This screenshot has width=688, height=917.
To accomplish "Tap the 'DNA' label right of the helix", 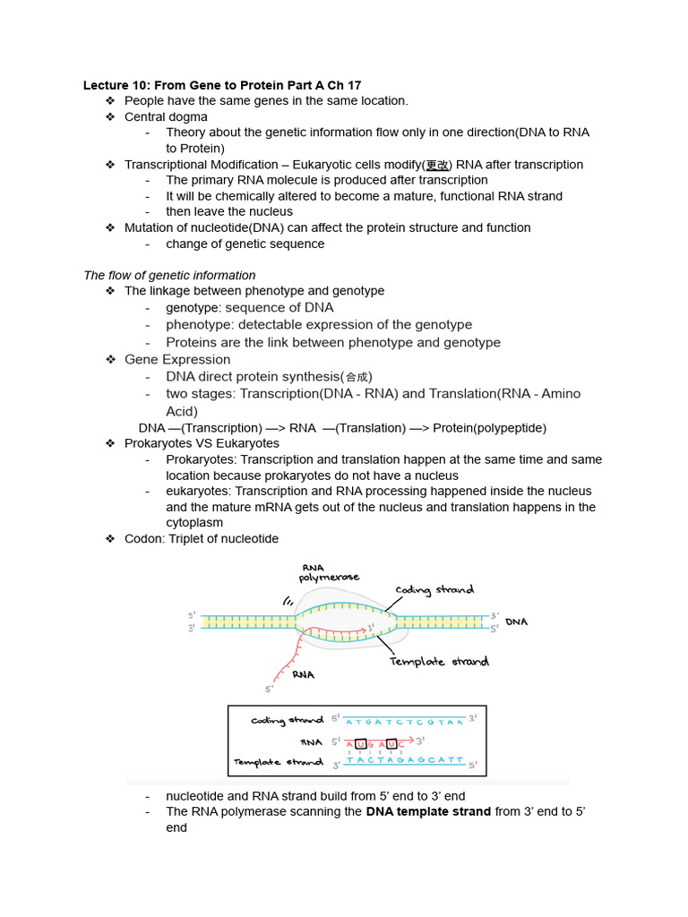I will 517,621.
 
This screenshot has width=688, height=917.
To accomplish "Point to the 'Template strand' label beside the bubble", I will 439,662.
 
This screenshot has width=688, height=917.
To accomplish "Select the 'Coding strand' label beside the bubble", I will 434,590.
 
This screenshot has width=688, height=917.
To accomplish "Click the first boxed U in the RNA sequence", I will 361,743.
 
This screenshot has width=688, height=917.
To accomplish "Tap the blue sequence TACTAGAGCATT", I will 405,760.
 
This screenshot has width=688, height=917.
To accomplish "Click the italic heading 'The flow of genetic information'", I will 169,275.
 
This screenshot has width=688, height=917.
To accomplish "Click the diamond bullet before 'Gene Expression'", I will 110,360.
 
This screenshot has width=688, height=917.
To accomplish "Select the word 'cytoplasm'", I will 194,523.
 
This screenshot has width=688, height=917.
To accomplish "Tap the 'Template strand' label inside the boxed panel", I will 278,763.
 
